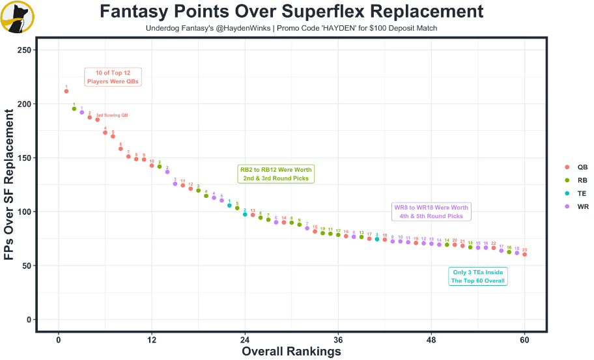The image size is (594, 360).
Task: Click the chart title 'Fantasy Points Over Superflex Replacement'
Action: (291, 12)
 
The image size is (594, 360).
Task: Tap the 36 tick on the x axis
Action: (338, 340)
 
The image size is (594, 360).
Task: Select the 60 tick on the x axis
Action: (524, 340)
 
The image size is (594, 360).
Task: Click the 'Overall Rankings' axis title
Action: (291, 352)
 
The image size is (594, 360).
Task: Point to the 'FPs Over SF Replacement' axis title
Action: (10, 186)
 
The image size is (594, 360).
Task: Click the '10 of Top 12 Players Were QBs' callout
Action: (113, 77)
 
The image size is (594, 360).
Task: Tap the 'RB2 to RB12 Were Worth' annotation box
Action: (277, 174)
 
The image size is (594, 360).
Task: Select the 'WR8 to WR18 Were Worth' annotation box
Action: (431, 212)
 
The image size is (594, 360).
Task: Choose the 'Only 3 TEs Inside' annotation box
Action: (478, 276)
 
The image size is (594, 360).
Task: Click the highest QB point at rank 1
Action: (66, 91)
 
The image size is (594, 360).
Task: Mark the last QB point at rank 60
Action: (524, 255)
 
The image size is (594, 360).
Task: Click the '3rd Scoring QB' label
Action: (112, 115)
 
